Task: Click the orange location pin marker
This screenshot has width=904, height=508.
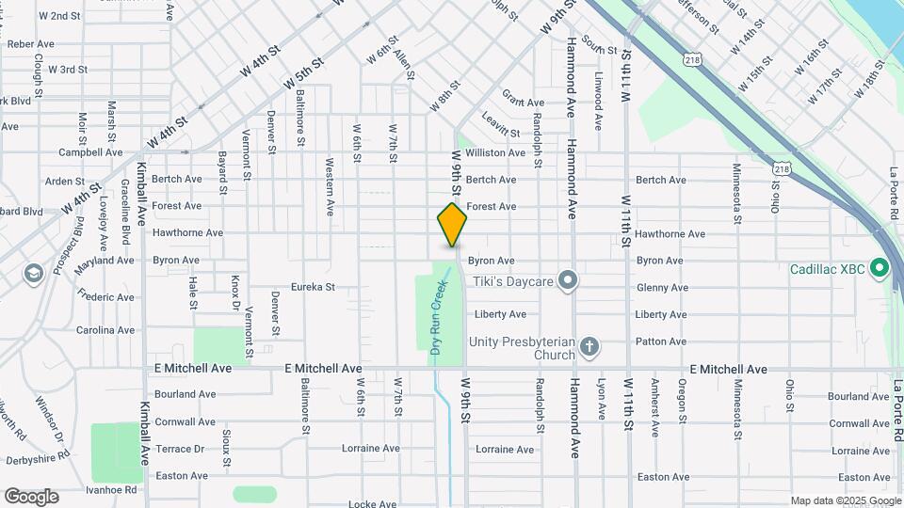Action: [x=452, y=224]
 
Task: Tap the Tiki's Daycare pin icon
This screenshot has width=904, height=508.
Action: [x=567, y=280]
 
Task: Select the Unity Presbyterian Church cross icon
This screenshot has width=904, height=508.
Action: [x=589, y=347]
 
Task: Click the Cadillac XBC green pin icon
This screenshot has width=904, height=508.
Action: [x=880, y=269]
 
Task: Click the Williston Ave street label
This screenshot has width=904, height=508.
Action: [x=495, y=152]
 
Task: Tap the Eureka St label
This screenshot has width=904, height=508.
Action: [x=313, y=287]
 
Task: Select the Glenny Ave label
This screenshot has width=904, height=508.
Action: [x=661, y=288]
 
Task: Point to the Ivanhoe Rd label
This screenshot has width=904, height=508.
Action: [x=111, y=489]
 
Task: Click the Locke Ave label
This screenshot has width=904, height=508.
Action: [x=370, y=504]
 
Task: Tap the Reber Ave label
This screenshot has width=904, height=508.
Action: [x=31, y=43]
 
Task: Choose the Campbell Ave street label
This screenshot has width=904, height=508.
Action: [x=90, y=152]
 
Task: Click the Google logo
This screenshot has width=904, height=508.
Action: [x=31, y=497]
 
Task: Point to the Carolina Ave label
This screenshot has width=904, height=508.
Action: [x=105, y=330]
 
